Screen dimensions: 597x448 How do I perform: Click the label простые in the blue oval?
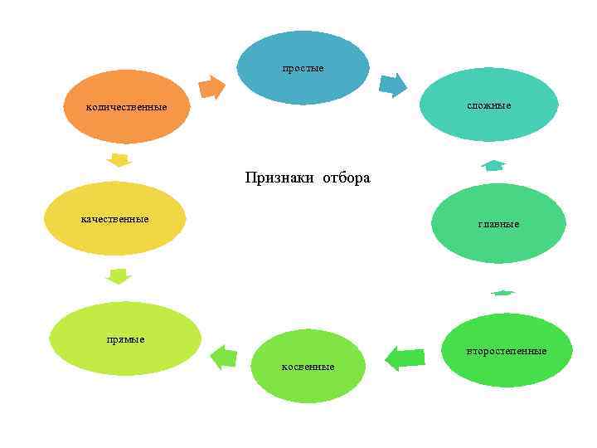pos(303,67)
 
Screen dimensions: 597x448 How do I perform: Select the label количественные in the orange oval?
pos(127,107)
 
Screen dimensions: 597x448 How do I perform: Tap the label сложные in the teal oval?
pos(488,105)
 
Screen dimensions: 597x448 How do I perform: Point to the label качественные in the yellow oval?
pos(114,219)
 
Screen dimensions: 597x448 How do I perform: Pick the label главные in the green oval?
pos(498,224)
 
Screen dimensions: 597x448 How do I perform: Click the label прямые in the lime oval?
pos(125,339)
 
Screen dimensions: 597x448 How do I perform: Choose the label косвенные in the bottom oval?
pos(308,366)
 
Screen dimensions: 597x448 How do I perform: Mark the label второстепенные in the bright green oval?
pos(506,351)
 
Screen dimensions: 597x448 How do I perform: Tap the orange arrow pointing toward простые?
pos(213,87)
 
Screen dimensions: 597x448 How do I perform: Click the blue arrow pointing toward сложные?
pos(393,85)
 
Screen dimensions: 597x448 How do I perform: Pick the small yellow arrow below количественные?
pos(119,159)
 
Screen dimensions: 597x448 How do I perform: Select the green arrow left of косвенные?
pos(224,357)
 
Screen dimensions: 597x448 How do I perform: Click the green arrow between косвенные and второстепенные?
pos(405,358)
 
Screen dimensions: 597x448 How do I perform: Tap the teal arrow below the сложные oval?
pos(493,165)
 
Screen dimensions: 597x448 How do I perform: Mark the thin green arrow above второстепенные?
pos(502,292)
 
